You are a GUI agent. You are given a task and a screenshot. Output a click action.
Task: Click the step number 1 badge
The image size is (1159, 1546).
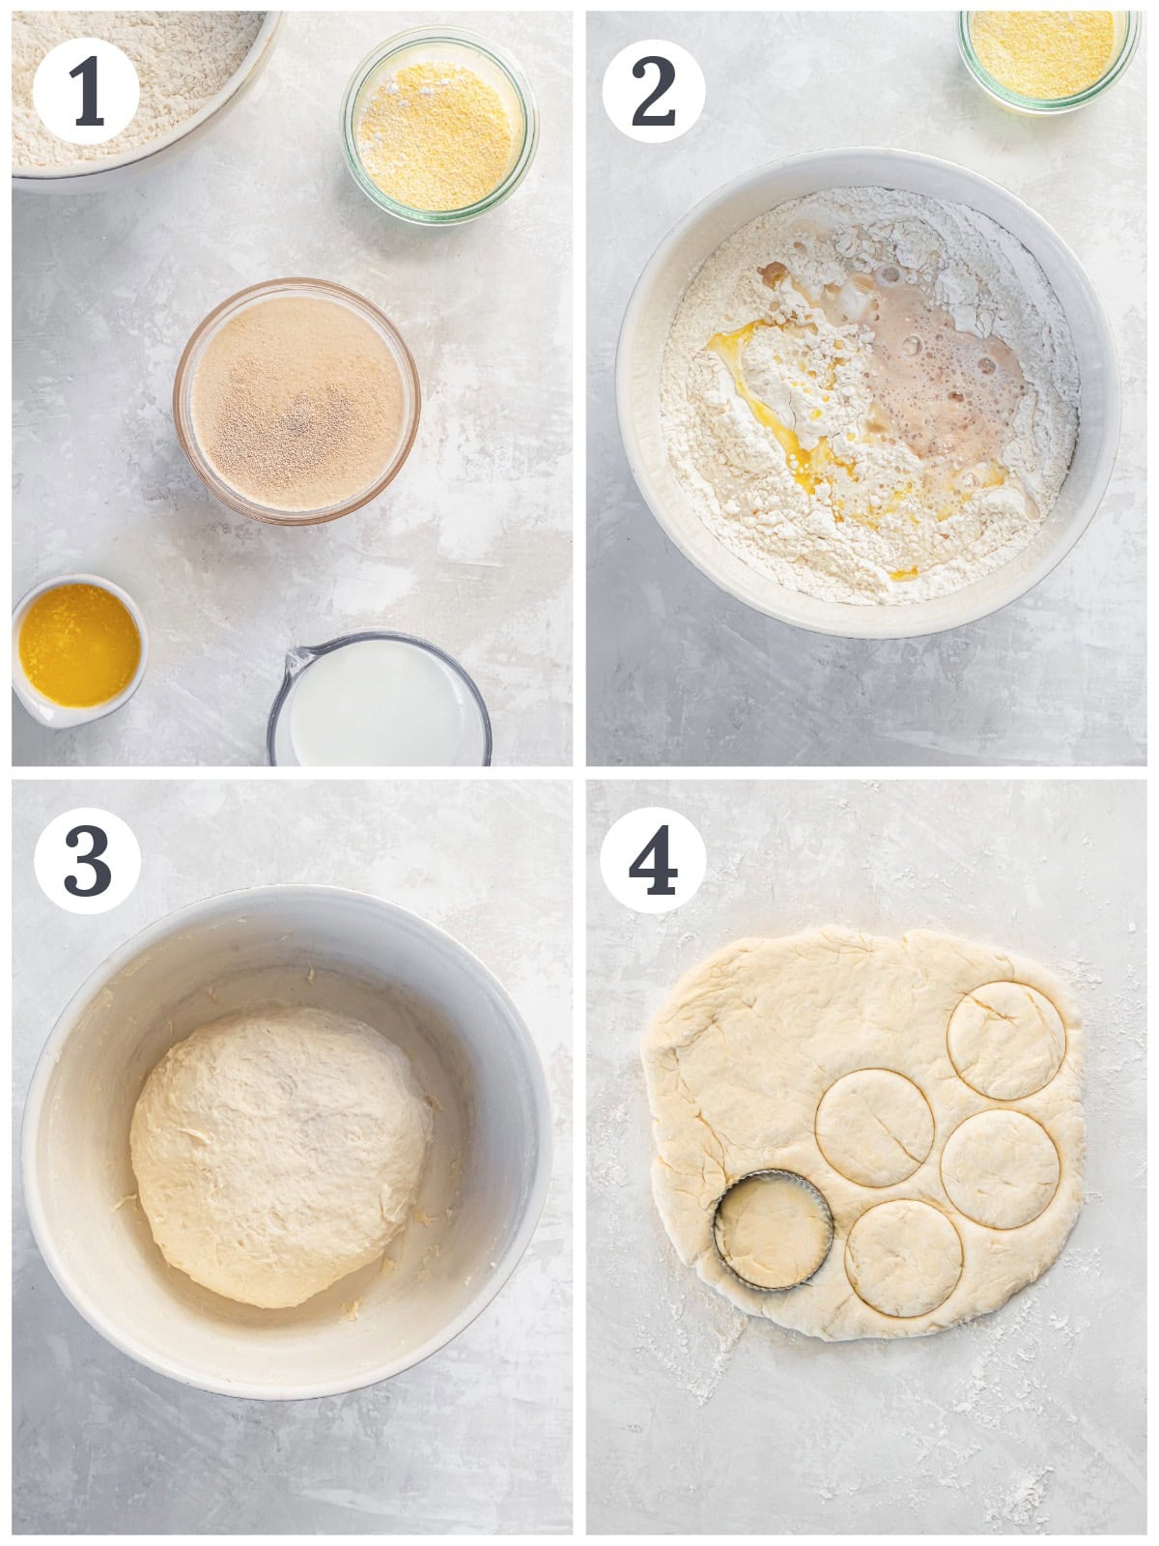point(86,92)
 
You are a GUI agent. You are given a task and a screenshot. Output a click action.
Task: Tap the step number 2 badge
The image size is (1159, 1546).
point(654,92)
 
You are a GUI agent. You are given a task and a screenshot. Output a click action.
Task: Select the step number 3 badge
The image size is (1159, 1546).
point(87,861)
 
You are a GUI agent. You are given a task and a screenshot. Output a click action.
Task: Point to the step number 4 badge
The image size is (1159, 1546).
point(653,861)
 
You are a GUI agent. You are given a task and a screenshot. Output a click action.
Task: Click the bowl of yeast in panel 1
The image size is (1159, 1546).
point(297,401)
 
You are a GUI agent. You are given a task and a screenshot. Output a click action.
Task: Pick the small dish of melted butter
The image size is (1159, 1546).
point(79,649)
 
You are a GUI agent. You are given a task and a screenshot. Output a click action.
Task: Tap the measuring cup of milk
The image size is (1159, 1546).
point(379,699)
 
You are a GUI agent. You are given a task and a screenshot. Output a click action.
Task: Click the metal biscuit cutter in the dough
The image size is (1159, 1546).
point(774,1231)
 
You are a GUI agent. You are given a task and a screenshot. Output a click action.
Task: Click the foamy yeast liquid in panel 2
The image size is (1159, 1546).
point(936,381)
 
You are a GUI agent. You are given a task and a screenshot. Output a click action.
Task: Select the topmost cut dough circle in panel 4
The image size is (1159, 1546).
point(1005,1041)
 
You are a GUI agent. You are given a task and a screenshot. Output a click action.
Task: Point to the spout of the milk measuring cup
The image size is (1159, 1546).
point(298,661)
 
